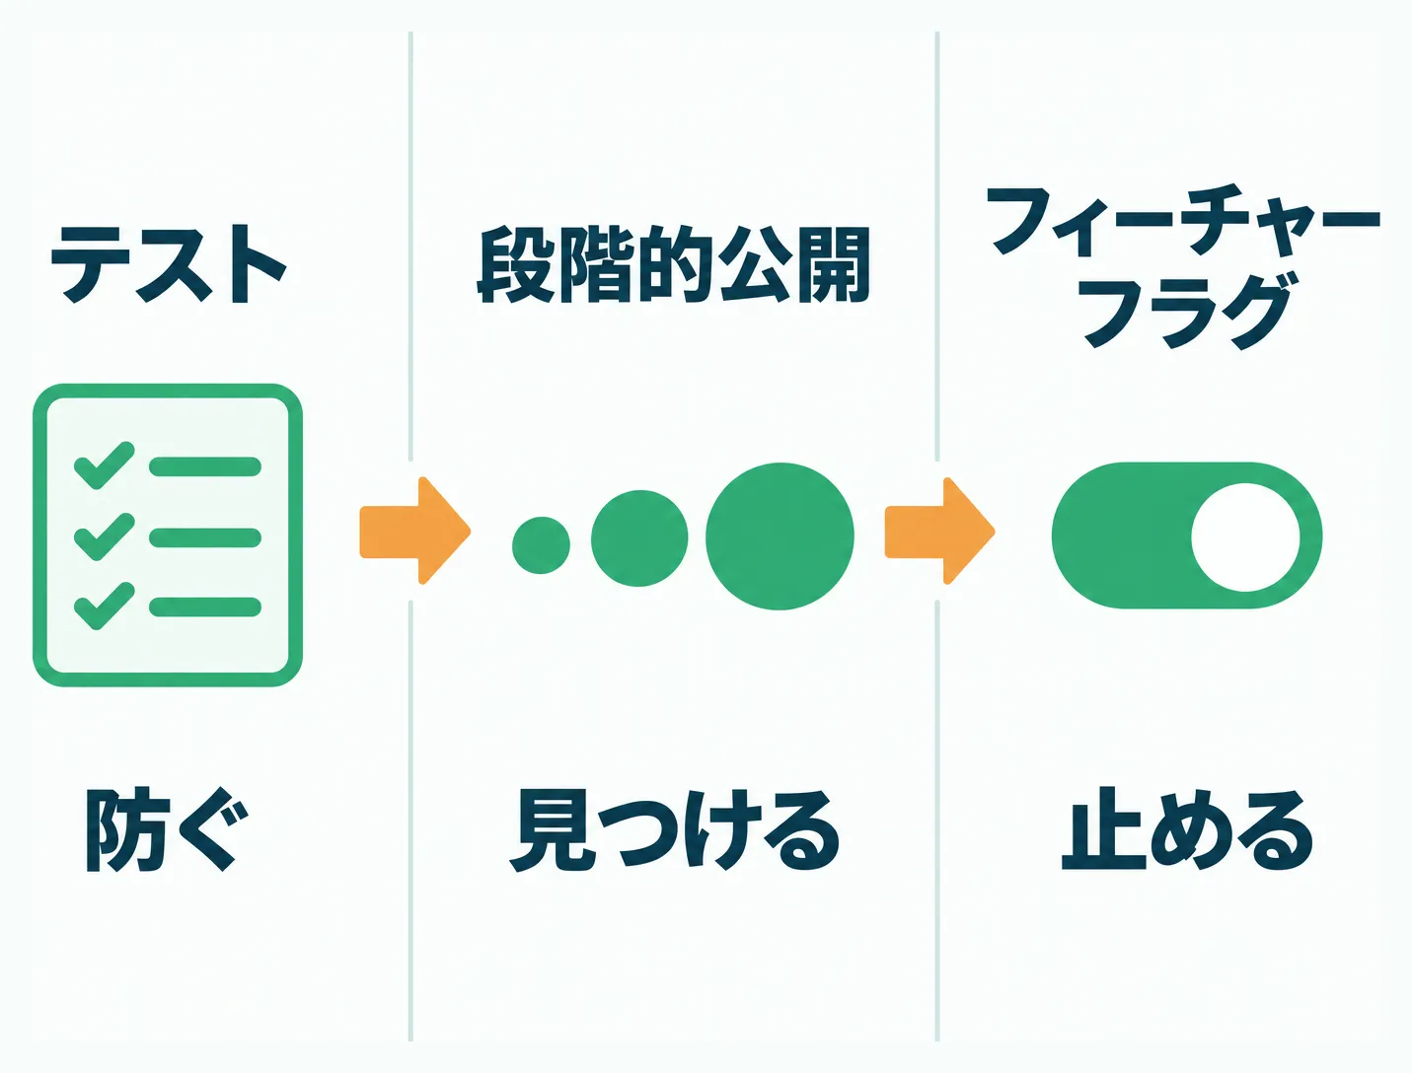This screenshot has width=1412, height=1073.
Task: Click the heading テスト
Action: coord(169,263)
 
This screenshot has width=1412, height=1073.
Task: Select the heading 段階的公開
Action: coord(674,264)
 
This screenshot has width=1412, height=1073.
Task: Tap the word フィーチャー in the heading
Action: coord(1182,220)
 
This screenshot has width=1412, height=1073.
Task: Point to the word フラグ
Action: coord(1187,312)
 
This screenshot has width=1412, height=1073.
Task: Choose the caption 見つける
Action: coord(674,830)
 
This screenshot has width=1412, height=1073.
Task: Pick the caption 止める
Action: coord(1186,829)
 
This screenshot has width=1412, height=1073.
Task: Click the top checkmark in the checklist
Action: coord(105,465)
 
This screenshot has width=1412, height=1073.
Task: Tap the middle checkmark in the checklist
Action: coord(105,536)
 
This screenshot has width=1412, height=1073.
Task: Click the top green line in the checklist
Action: coord(205,466)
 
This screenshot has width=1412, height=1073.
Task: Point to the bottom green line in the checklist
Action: coord(205,607)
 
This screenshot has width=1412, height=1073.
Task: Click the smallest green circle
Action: coord(541,544)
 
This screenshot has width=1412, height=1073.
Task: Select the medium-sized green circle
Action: coord(639,538)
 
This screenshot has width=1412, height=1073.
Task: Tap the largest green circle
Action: coord(780,536)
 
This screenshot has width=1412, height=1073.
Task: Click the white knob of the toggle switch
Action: coord(1245,536)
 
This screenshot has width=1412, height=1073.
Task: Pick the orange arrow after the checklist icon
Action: coord(414,531)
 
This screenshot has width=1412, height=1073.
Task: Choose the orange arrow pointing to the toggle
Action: coord(939,531)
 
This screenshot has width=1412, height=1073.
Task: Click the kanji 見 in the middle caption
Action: coord(551,830)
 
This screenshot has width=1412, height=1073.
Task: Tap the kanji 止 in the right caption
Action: coord(1102,829)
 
